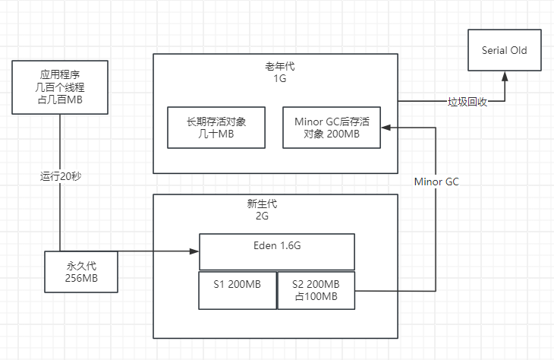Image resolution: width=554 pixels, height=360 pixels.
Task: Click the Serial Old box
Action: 504,50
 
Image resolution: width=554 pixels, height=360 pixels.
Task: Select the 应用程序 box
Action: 60,88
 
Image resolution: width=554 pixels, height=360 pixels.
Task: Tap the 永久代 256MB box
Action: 81,272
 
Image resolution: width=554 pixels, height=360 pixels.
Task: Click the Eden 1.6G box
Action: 276,251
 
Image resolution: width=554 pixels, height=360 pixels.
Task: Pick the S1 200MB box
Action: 237,290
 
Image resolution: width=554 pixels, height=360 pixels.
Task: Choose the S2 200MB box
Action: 316,290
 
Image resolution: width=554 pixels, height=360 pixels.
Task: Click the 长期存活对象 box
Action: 216,127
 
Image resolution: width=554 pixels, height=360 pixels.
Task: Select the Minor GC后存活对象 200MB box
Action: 332,127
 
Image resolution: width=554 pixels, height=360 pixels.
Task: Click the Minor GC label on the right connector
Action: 437,182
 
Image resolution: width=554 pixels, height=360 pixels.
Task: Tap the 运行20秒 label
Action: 61,175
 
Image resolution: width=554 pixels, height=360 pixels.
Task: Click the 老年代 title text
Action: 275,67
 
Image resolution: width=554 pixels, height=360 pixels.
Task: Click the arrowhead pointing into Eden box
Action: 194,251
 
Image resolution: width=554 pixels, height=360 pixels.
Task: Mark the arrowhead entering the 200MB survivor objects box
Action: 386,127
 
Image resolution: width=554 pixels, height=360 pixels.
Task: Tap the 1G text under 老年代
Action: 275,78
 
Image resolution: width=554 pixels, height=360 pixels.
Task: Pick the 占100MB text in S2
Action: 316,296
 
